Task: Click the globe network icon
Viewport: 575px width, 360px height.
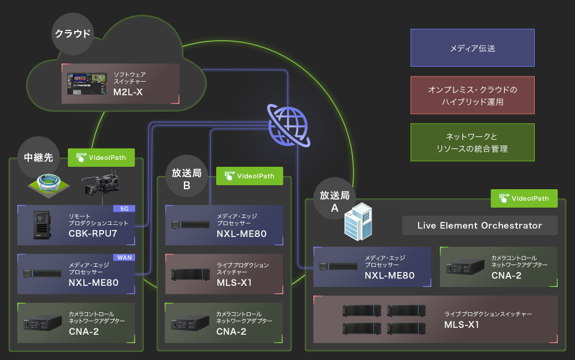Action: point(288,126)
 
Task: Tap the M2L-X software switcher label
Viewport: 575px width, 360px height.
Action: point(127,92)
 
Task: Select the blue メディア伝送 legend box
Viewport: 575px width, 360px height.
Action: point(472,48)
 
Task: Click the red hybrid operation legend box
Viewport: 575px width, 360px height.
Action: point(472,95)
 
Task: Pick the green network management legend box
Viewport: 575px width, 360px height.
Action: point(472,143)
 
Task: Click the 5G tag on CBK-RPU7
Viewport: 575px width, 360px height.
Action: point(124,209)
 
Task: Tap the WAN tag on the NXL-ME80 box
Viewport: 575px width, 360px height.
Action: point(124,257)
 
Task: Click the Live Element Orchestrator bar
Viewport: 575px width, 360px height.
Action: point(480,225)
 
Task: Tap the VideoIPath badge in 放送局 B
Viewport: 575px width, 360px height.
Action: point(249,176)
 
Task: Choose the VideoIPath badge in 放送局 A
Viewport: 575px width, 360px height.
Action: point(524,198)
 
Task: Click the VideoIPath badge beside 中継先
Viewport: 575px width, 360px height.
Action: point(101,157)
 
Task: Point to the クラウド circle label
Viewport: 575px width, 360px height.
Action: point(72,33)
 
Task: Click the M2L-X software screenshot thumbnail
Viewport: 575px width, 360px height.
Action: point(87,84)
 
